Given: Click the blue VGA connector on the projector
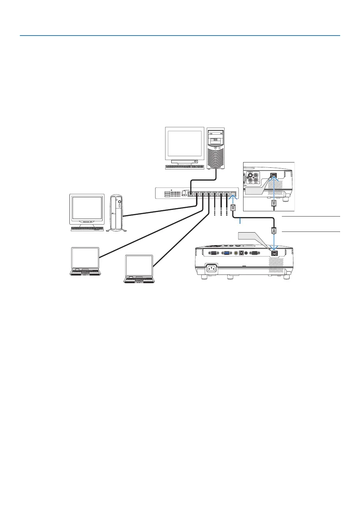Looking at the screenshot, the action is pyautogui.click(x=227, y=253).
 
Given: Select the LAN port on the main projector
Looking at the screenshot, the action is pyautogui.click(x=274, y=253).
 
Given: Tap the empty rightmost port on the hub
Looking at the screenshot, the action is pyautogui.click(x=233, y=194).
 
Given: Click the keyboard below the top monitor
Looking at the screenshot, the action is pyautogui.click(x=185, y=167).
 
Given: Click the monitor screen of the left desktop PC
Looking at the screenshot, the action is pyautogui.click(x=87, y=208).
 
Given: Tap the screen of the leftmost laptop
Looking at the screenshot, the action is pyautogui.click(x=85, y=258).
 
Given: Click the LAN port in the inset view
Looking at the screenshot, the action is pyautogui.click(x=274, y=176).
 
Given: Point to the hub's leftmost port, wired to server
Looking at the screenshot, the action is pyautogui.click(x=190, y=194).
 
